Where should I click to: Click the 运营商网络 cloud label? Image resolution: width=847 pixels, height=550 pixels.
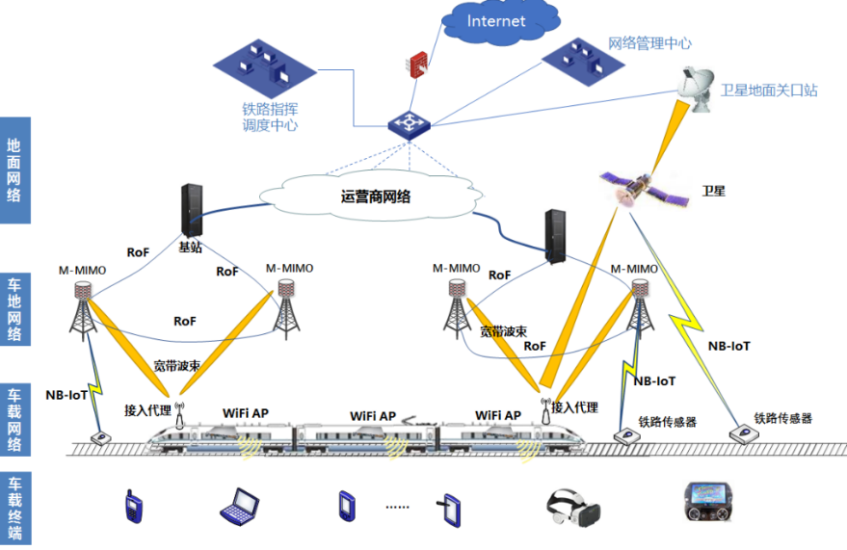376,196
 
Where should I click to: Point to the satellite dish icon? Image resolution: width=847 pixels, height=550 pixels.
696,90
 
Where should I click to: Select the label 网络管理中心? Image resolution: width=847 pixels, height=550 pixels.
649,43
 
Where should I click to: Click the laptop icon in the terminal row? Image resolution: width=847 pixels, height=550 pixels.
238,505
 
